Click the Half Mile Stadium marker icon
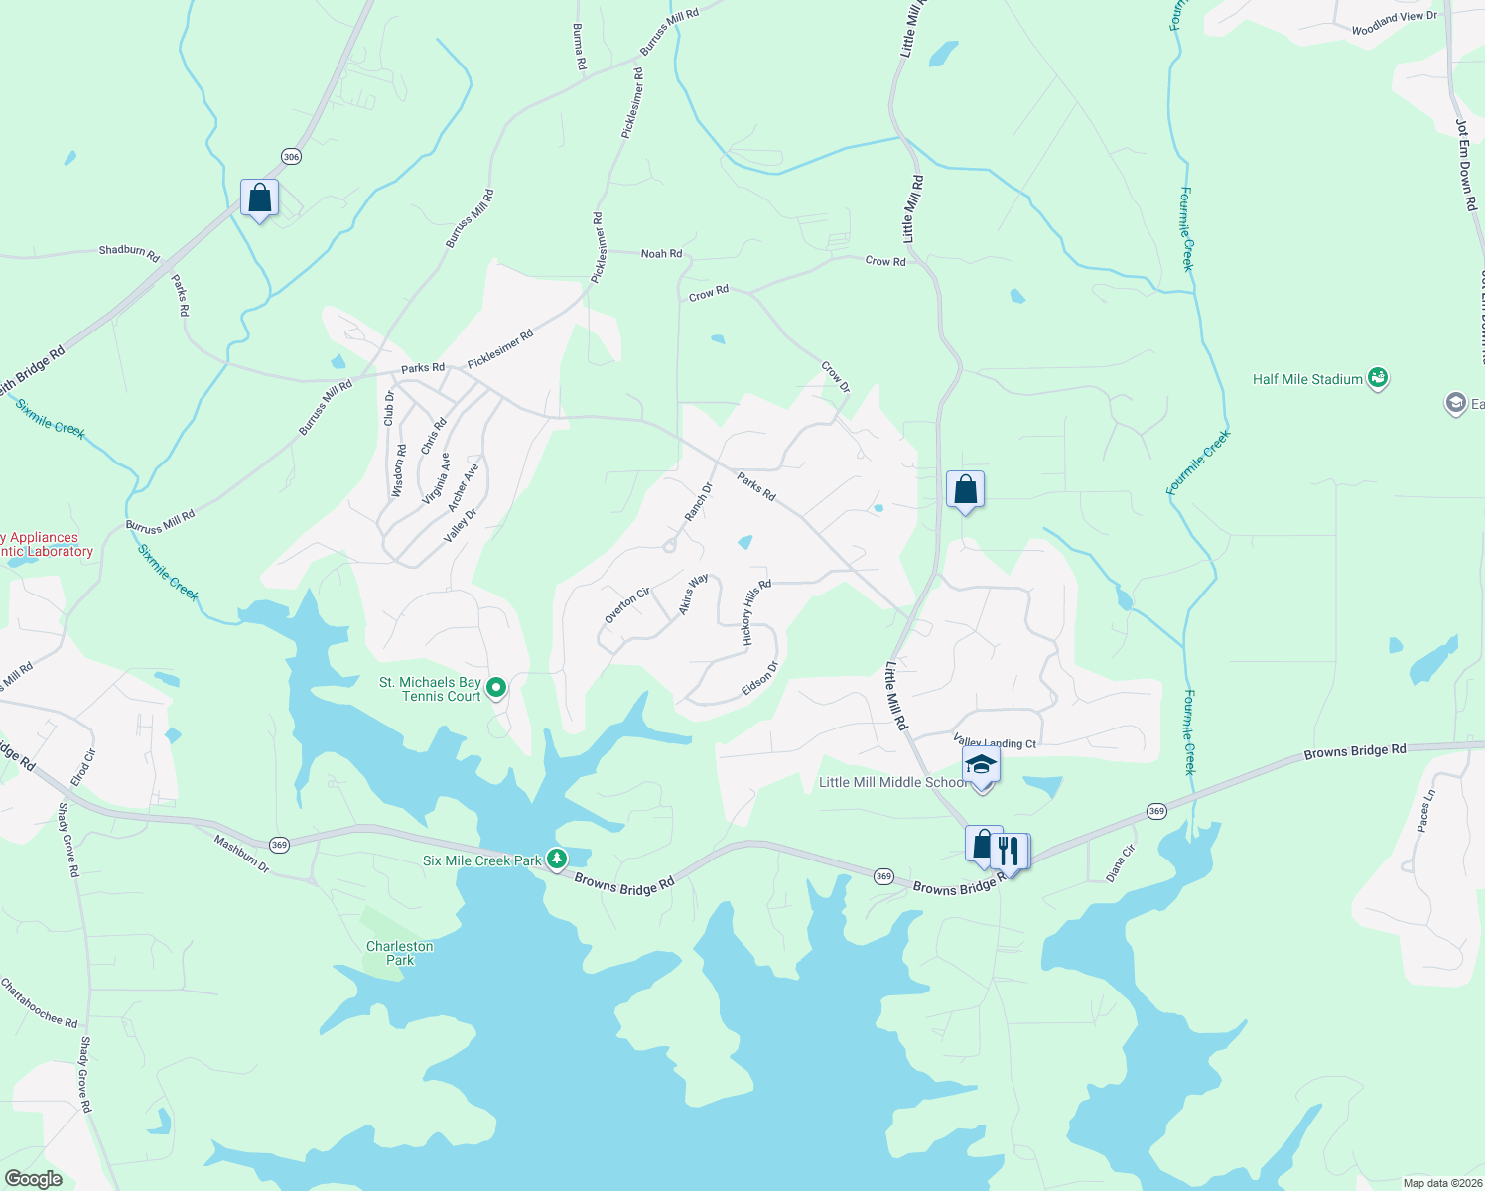(x=1377, y=377)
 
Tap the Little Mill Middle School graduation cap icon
(x=981, y=765)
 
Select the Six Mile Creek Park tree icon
(x=558, y=858)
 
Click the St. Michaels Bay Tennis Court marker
(x=496, y=686)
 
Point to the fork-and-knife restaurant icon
(x=1009, y=850)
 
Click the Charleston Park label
(x=400, y=953)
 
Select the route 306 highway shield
(x=291, y=157)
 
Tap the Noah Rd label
(x=661, y=254)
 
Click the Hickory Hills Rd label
(x=756, y=612)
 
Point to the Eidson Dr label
(x=759, y=679)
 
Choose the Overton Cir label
(x=627, y=605)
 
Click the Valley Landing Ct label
(x=995, y=742)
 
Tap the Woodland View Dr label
(x=1394, y=24)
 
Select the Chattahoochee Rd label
(x=39, y=1002)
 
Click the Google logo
(x=33, y=1179)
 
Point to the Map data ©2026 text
(x=1440, y=1183)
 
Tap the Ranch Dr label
(x=699, y=501)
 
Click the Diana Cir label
(x=1120, y=863)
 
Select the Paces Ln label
(x=1425, y=811)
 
